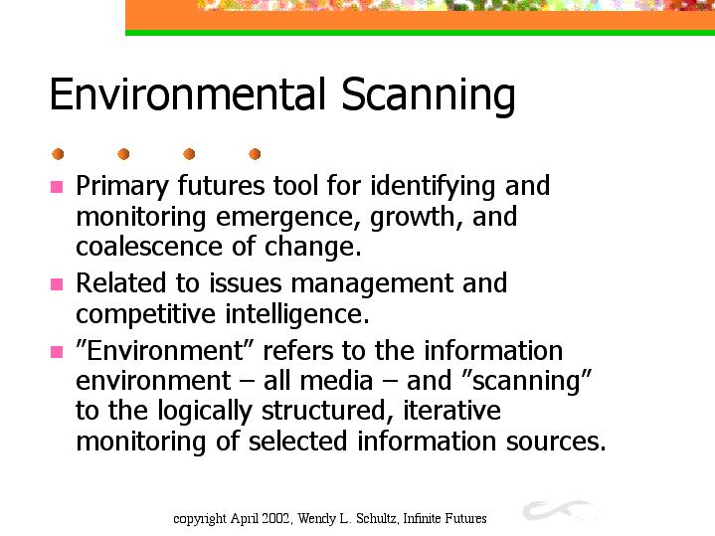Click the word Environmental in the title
pos(187,93)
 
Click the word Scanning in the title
pos(429,95)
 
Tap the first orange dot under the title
pos(58,154)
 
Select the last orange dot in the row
pos(255,154)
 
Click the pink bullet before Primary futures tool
pos(57,187)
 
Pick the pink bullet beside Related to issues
pos(57,284)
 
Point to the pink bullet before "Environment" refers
pos(57,352)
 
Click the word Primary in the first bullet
pos(122,187)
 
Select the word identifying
pos(433,187)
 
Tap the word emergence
pos(284,218)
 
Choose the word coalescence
pos(148,247)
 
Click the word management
pos(372,284)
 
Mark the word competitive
pos(145,315)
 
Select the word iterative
pos(451,410)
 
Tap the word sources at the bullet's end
pos(556,443)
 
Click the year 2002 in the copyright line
pos(279,519)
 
